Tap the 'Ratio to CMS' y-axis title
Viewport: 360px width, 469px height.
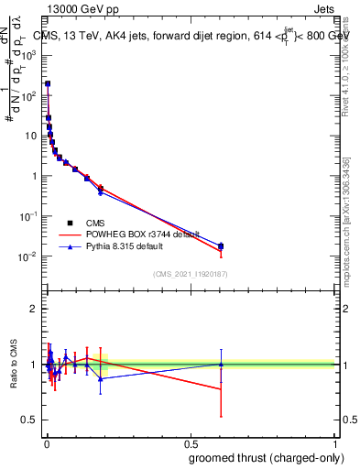click(x=13, y=364)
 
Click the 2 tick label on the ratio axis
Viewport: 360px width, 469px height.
click(x=33, y=309)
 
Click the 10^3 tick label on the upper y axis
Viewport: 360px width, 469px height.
click(x=27, y=55)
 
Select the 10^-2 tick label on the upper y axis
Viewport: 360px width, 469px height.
click(x=27, y=256)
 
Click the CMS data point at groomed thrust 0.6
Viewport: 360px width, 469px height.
click(x=221, y=246)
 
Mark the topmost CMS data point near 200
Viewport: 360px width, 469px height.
click(x=48, y=83)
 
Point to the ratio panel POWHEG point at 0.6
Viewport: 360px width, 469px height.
click(x=221, y=389)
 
